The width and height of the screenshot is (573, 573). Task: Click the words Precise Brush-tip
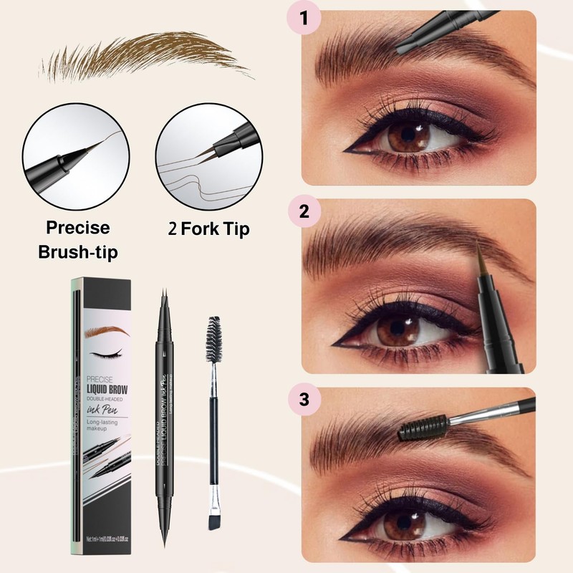click(77, 239)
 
